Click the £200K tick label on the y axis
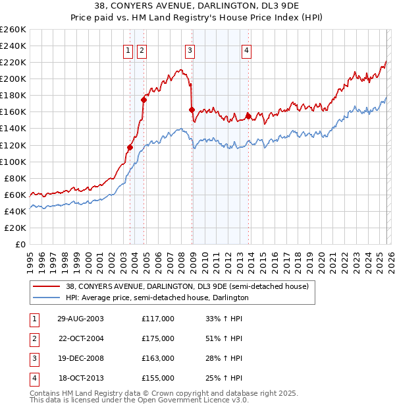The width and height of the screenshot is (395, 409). pos(13,79)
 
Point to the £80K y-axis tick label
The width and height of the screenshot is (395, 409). pos(15,178)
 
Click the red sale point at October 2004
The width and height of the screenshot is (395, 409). pos(144,99)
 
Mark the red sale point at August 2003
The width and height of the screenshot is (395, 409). pos(130,147)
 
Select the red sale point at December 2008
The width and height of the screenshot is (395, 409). pos(192,110)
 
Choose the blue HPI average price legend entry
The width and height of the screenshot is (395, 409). pos(157,298)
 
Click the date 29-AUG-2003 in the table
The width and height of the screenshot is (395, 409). pos(80,319)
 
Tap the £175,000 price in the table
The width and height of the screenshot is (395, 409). pos(158,338)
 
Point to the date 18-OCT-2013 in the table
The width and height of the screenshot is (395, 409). pos(80,378)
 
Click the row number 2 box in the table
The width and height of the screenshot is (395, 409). pos(34,338)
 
